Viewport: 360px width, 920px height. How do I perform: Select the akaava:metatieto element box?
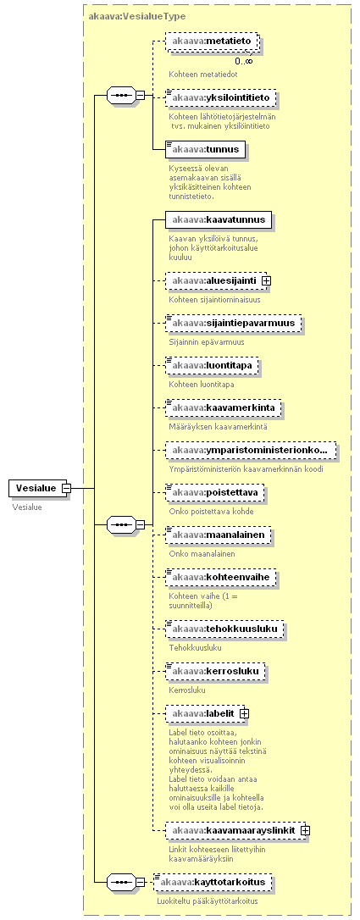pyautogui.click(x=213, y=42)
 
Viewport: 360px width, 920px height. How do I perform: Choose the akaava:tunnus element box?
pyautogui.click(x=205, y=150)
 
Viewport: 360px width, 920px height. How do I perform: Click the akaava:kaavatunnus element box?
pyautogui.click(x=219, y=220)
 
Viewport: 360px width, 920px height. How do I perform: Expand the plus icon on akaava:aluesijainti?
pyautogui.click(x=266, y=281)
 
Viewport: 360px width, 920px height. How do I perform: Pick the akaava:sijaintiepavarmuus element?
pyautogui.click(x=233, y=324)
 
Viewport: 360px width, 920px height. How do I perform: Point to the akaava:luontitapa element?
pyautogui.click(x=213, y=365)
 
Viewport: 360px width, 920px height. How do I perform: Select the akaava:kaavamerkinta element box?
pyautogui.click(x=223, y=407)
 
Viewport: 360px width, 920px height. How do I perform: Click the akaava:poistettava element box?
pyautogui.click(x=214, y=493)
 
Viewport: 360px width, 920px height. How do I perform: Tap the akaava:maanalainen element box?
pyautogui.click(x=218, y=535)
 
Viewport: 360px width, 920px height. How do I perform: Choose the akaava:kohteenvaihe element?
pyautogui.click(x=220, y=578)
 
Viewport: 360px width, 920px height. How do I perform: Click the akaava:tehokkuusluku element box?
pyautogui.click(x=224, y=629)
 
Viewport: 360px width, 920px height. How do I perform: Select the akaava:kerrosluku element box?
pyautogui.click(x=214, y=671)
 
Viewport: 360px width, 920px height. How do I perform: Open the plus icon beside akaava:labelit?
pyautogui.click(x=245, y=713)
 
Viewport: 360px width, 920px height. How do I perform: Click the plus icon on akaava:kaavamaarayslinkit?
pyautogui.click(x=305, y=830)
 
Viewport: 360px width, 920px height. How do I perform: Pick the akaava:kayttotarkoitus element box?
pyautogui.click(x=213, y=882)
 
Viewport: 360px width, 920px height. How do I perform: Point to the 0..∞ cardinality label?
pyautogui.click(x=244, y=60)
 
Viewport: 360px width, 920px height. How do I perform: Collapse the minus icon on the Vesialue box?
pyautogui.click(x=67, y=488)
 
